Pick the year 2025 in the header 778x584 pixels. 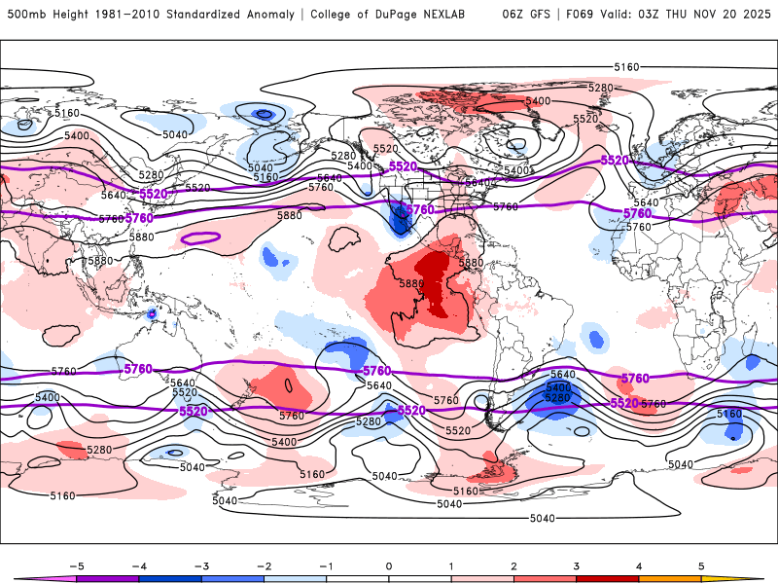coord(753,15)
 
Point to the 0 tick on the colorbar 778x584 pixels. coord(388,565)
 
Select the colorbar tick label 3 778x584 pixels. coord(576,565)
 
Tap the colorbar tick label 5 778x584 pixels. coord(701,565)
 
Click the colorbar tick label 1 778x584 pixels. coord(450,565)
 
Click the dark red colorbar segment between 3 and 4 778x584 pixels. coord(607,578)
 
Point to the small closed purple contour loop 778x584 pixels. coord(201,237)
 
